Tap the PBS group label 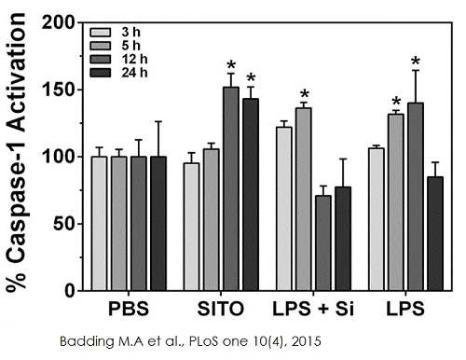[128, 309]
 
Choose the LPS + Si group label [314, 309]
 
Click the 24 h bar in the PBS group [158, 224]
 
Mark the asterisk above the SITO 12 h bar [230, 65]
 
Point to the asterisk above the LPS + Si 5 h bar [304, 94]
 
